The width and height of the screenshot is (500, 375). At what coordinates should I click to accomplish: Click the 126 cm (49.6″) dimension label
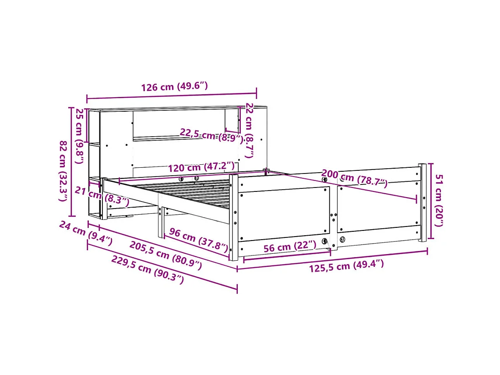pyautogui.click(x=174, y=86)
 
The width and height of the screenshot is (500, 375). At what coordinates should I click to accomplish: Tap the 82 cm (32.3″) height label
pyautogui.click(x=64, y=171)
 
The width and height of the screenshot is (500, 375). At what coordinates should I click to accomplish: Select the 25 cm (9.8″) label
pyautogui.click(x=79, y=135)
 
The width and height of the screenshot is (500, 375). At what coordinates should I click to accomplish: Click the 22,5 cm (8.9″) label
pyautogui.click(x=211, y=136)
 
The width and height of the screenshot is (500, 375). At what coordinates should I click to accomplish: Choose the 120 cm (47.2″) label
pyautogui.click(x=201, y=167)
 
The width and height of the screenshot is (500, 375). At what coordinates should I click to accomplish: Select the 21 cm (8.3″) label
pyautogui.click(x=102, y=196)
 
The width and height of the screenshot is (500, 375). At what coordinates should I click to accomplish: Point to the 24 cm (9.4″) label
pyautogui.click(x=85, y=233)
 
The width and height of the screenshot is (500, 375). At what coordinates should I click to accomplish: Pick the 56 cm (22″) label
pyautogui.click(x=289, y=247)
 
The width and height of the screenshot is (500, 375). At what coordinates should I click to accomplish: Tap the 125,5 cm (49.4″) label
pyautogui.click(x=346, y=265)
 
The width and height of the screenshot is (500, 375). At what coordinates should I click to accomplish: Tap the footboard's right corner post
pyautogui.click(x=422, y=202)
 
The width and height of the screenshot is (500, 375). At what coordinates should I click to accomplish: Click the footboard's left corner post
pyautogui.click(x=233, y=217)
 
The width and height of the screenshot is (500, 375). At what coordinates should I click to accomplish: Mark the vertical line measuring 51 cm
pyautogui.click(x=431, y=201)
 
